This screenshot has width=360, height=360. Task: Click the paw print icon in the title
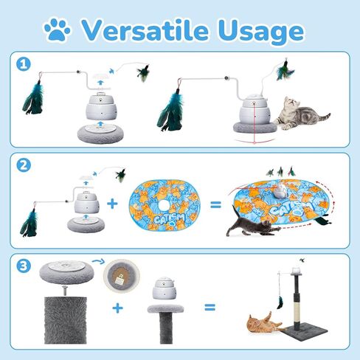(57, 30)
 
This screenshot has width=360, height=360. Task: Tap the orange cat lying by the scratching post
(260, 323)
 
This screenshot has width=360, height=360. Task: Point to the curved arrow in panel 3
(96, 262)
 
